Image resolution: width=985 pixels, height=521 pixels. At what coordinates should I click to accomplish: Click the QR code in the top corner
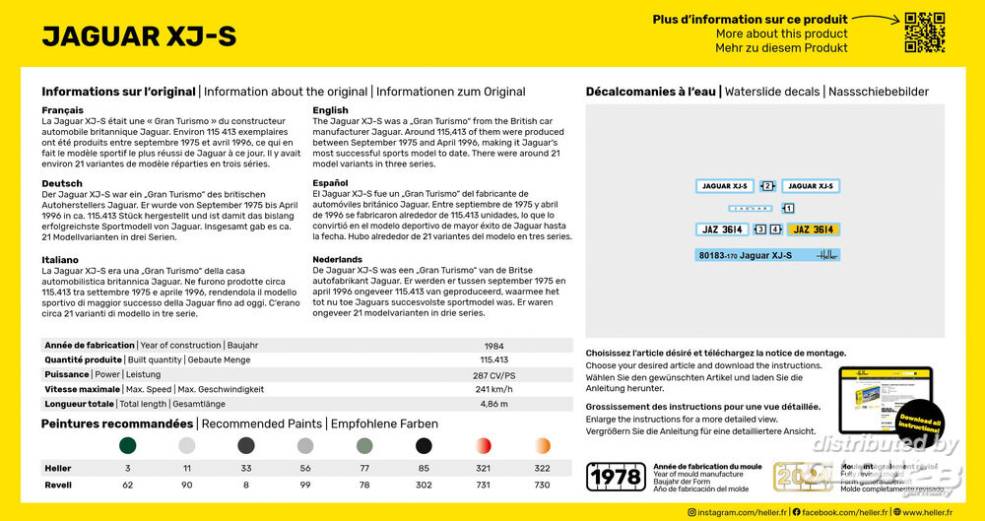[925, 33]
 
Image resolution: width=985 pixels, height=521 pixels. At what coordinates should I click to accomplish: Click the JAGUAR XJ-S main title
[139, 36]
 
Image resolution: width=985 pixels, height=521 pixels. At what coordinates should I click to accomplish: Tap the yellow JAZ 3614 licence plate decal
[814, 229]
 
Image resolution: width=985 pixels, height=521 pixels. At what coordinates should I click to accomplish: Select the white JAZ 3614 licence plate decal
[723, 229]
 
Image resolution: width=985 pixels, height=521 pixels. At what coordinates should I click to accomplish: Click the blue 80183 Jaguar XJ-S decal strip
[767, 256]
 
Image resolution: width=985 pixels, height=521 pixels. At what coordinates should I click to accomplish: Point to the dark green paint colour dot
[128, 445]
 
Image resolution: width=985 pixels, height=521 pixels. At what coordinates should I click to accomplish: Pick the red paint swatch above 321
[484, 445]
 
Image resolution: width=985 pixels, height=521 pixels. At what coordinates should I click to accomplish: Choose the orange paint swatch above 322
[543, 445]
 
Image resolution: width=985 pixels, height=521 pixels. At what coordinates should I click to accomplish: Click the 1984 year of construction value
[493, 346]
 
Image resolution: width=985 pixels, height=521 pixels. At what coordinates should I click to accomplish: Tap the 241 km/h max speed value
[493, 389]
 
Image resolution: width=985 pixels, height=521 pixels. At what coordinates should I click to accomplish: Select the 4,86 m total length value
[493, 404]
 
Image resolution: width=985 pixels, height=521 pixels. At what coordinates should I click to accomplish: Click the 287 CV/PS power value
[493, 374]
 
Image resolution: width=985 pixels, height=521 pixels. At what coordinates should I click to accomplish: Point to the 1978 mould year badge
[616, 477]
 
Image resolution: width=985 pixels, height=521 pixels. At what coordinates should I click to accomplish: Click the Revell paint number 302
[424, 485]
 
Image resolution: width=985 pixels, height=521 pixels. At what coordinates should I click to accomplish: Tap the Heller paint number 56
[305, 469]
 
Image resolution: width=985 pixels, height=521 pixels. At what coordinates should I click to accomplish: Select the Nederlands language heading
[338, 260]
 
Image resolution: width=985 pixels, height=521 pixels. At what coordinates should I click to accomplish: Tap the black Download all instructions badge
[919, 421]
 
